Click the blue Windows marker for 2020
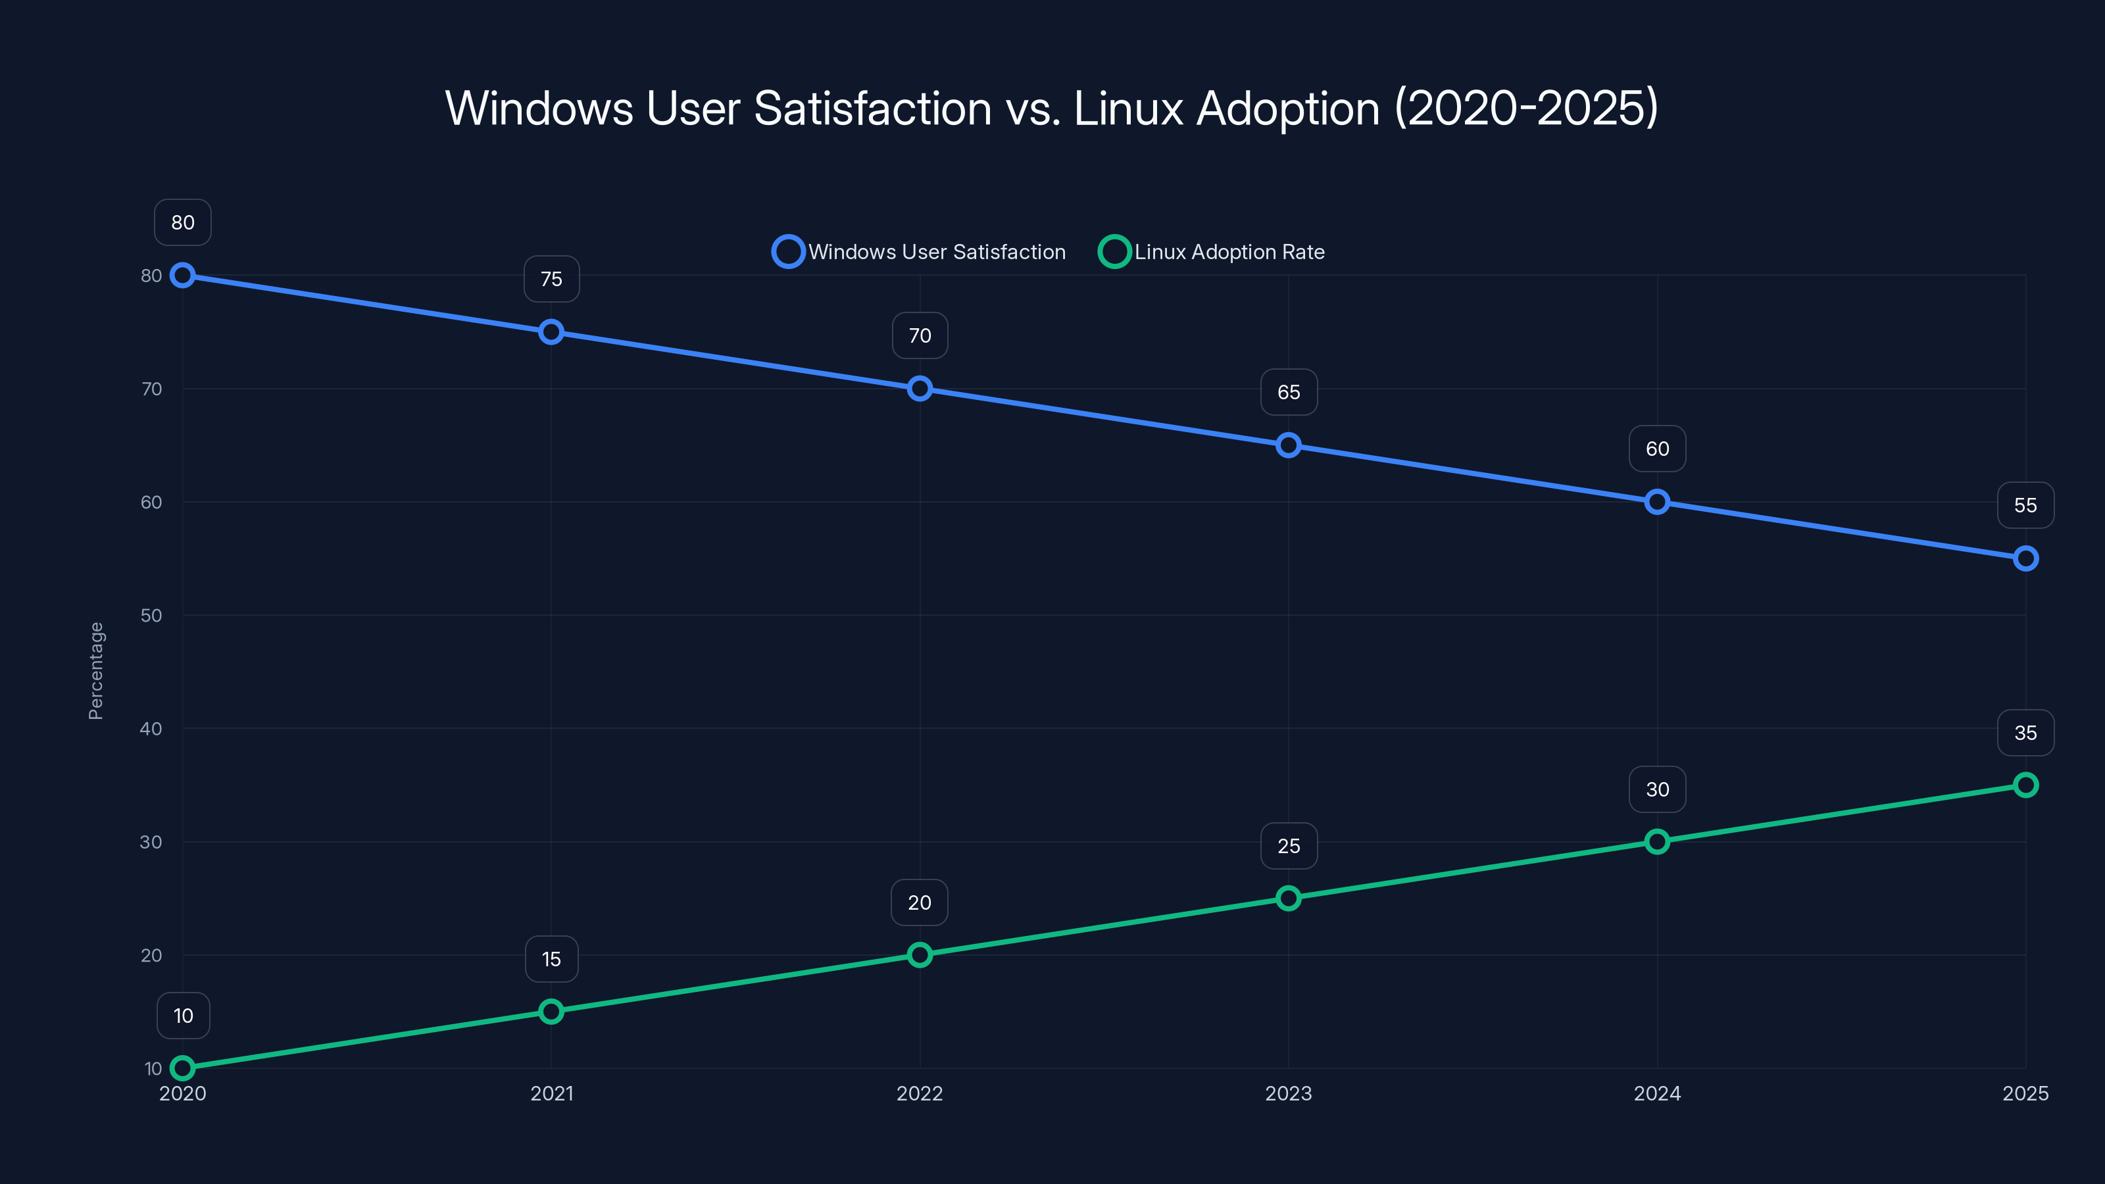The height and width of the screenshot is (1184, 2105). [x=182, y=276]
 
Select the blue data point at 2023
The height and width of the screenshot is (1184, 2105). [x=1289, y=445]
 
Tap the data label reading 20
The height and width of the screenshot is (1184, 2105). [x=920, y=903]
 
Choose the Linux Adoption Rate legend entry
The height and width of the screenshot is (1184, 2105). [x=1212, y=252]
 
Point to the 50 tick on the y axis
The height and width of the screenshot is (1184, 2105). [x=151, y=615]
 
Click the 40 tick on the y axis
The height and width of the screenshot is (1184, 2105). [x=151, y=729]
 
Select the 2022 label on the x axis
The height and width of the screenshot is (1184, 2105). [x=920, y=1093]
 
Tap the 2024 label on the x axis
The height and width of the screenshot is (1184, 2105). [x=1657, y=1093]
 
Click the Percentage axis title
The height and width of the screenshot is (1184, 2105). [x=95, y=671]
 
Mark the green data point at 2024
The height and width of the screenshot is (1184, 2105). [x=1657, y=842]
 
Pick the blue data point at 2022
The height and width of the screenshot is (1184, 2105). [x=920, y=389]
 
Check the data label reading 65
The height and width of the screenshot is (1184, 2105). [x=1289, y=392]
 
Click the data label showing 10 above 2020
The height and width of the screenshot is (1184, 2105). [x=183, y=1016]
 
